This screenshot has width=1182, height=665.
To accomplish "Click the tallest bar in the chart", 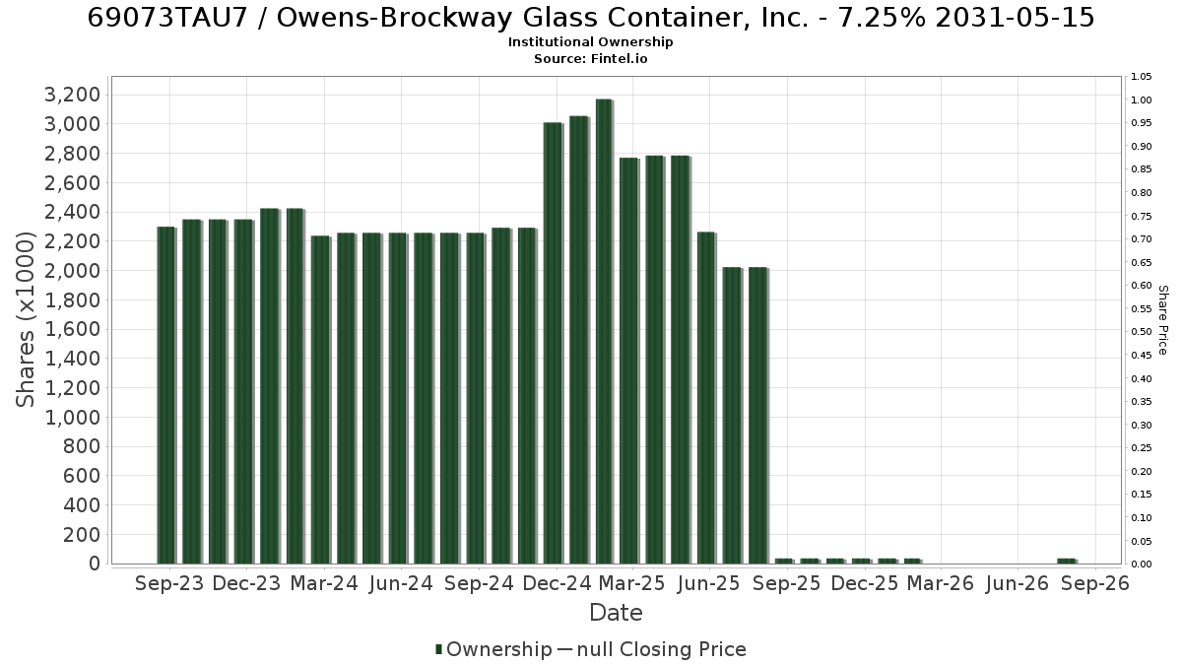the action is (604, 331).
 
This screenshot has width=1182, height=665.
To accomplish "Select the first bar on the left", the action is (166, 395).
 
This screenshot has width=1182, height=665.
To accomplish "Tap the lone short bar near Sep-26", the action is (1067, 561).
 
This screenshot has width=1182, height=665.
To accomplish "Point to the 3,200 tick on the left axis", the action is (72, 95).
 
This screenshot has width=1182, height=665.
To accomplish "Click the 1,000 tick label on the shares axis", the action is (72, 418).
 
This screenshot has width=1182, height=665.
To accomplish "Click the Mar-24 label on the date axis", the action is (324, 583).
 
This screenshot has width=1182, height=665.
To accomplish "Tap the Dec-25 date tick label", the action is (865, 583).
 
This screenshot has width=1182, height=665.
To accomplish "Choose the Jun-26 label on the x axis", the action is (1017, 583).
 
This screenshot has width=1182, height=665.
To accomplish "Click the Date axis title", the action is (616, 613).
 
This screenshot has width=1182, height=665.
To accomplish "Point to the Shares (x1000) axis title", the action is (25, 320).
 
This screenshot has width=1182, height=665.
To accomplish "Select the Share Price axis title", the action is (1162, 320).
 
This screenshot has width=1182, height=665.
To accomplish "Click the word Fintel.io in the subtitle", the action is (619, 58).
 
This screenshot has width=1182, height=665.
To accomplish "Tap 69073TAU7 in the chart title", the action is (167, 18).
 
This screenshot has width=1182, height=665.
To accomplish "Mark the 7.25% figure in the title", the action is (882, 18).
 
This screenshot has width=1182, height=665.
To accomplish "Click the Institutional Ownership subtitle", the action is (590, 42).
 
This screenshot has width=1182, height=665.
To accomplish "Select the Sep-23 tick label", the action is (169, 583).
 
